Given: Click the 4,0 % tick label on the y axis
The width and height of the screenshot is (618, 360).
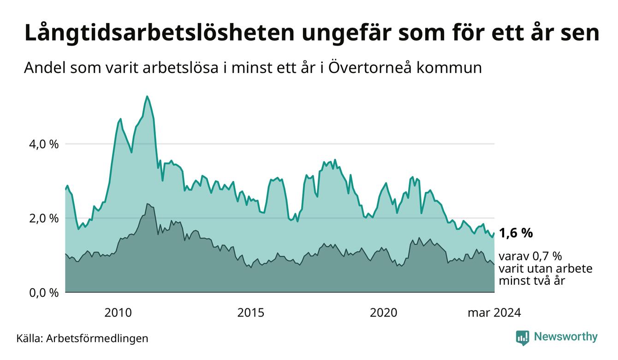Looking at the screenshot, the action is (x=44, y=144).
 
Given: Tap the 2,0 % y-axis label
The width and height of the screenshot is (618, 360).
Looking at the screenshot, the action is (x=44, y=218).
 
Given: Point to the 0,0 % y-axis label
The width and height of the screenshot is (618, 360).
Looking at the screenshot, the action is (x=44, y=293).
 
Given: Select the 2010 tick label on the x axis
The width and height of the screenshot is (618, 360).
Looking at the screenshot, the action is (x=118, y=313).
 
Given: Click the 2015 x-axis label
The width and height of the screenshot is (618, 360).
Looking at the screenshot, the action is (x=251, y=313).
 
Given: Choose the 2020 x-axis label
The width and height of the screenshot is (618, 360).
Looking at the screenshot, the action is (x=384, y=313).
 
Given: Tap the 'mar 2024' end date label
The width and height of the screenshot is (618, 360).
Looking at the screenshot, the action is (x=494, y=313).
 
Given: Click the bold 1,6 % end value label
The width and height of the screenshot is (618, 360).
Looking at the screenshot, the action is (x=516, y=233).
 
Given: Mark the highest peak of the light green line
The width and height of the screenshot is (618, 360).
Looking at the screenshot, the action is (x=147, y=96).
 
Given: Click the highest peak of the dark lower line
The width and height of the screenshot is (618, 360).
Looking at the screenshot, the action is (x=147, y=204).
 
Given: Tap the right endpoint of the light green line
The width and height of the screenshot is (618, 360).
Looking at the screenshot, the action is (x=494, y=233).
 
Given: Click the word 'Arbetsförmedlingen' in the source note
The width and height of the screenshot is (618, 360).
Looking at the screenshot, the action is (x=97, y=338).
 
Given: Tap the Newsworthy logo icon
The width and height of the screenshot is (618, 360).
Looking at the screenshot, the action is (x=523, y=338).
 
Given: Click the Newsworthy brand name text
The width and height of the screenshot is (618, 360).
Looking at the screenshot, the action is (x=566, y=337).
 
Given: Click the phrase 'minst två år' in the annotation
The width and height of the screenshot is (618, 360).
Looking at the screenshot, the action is (x=532, y=281).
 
